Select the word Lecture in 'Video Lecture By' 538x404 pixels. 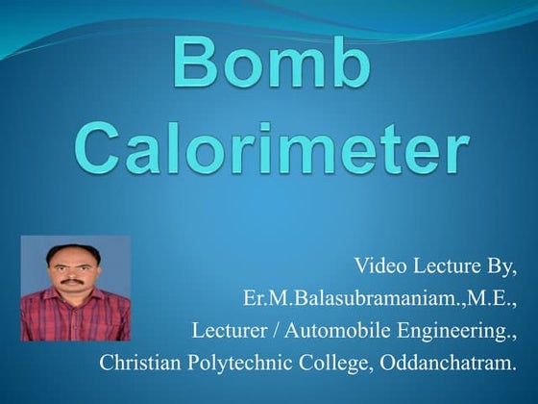tap(446, 265)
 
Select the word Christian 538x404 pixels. tap(138, 365)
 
